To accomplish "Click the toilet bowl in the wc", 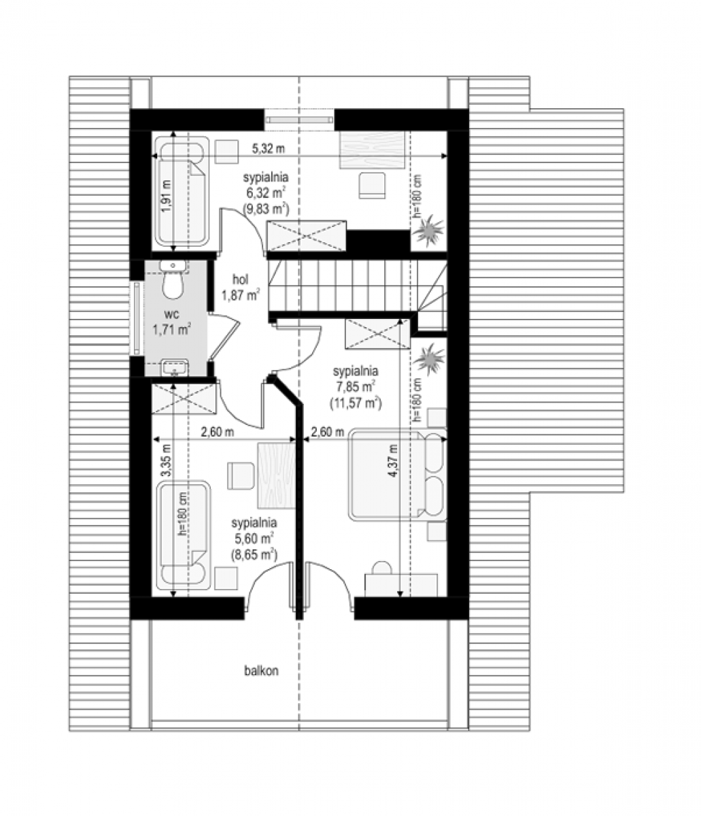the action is [173, 286].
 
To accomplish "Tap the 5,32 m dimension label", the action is [269, 149].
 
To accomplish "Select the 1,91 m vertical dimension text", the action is [167, 196].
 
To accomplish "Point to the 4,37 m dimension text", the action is [394, 460].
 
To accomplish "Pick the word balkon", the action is [261, 670].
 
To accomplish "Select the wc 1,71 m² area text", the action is [173, 322].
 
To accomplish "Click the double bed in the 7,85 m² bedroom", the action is [396, 475].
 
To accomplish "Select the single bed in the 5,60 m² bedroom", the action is [183, 535].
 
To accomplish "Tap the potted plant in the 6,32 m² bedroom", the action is [428, 231].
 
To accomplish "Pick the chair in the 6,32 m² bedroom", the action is [372, 185].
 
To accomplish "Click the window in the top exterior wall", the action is [298, 119].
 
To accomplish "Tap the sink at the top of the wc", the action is [173, 266].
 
